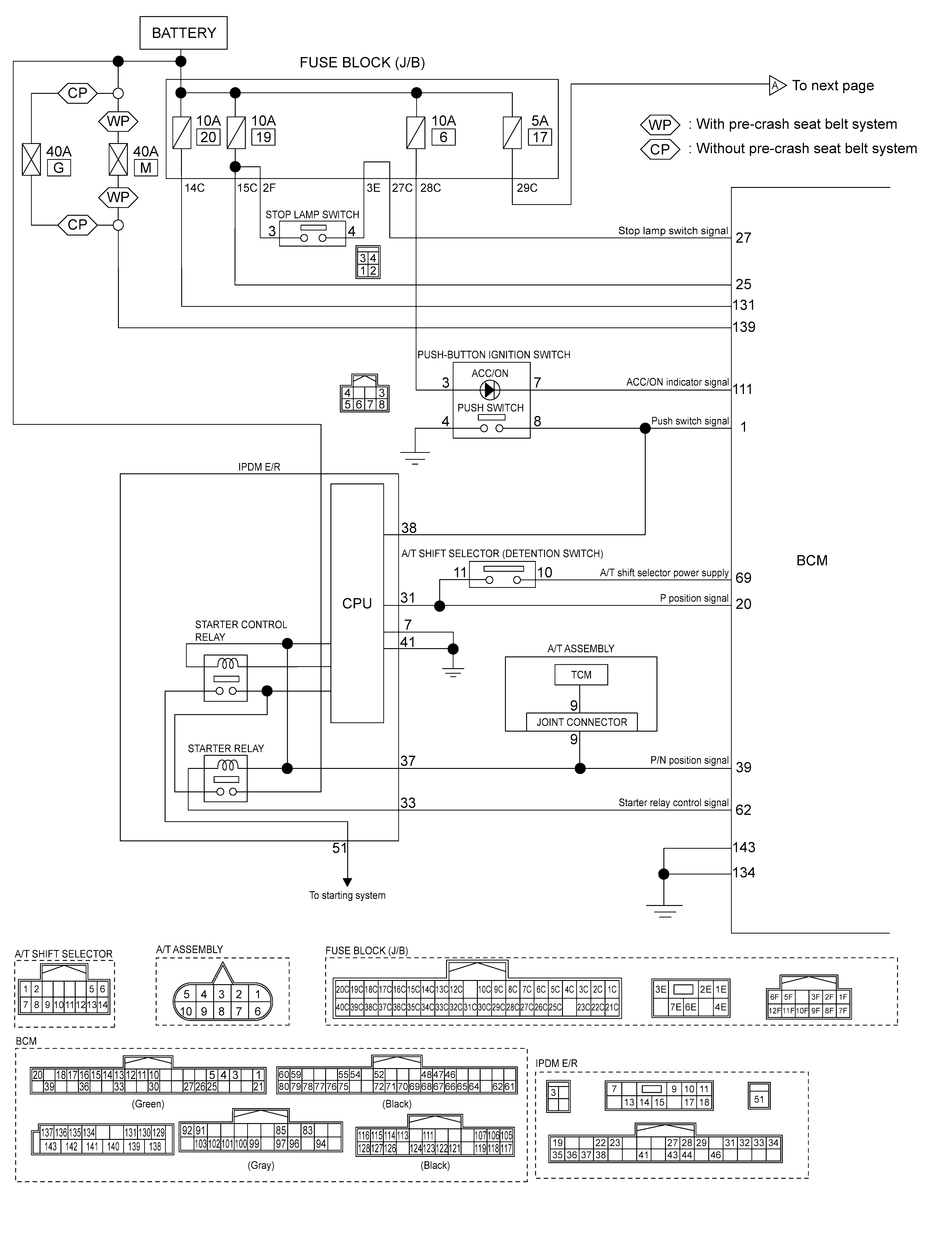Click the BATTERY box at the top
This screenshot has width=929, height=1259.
(183, 33)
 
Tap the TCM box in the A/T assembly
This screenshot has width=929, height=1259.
(581, 675)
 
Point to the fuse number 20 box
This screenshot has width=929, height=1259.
(208, 137)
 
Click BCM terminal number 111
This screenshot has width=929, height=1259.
(742, 389)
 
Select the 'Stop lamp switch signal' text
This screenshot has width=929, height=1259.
(673, 230)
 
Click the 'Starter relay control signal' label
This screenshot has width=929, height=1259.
(673, 802)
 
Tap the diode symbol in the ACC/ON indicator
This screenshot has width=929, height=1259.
(490, 390)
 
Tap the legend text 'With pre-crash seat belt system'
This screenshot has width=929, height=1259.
(796, 124)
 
